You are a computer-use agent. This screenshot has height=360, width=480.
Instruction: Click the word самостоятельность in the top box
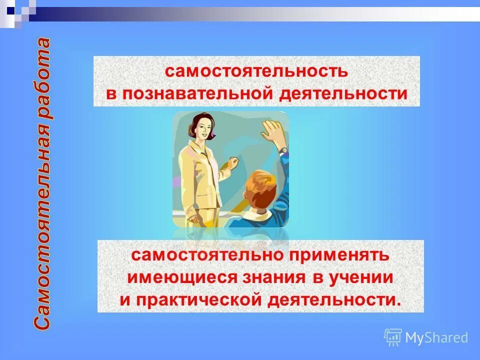(256, 71)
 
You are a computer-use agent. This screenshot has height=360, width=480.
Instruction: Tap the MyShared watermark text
(436, 338)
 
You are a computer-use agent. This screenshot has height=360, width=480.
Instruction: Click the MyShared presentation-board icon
(393, 337)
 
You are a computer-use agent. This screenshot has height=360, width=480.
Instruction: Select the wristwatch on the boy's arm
(283, 149)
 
